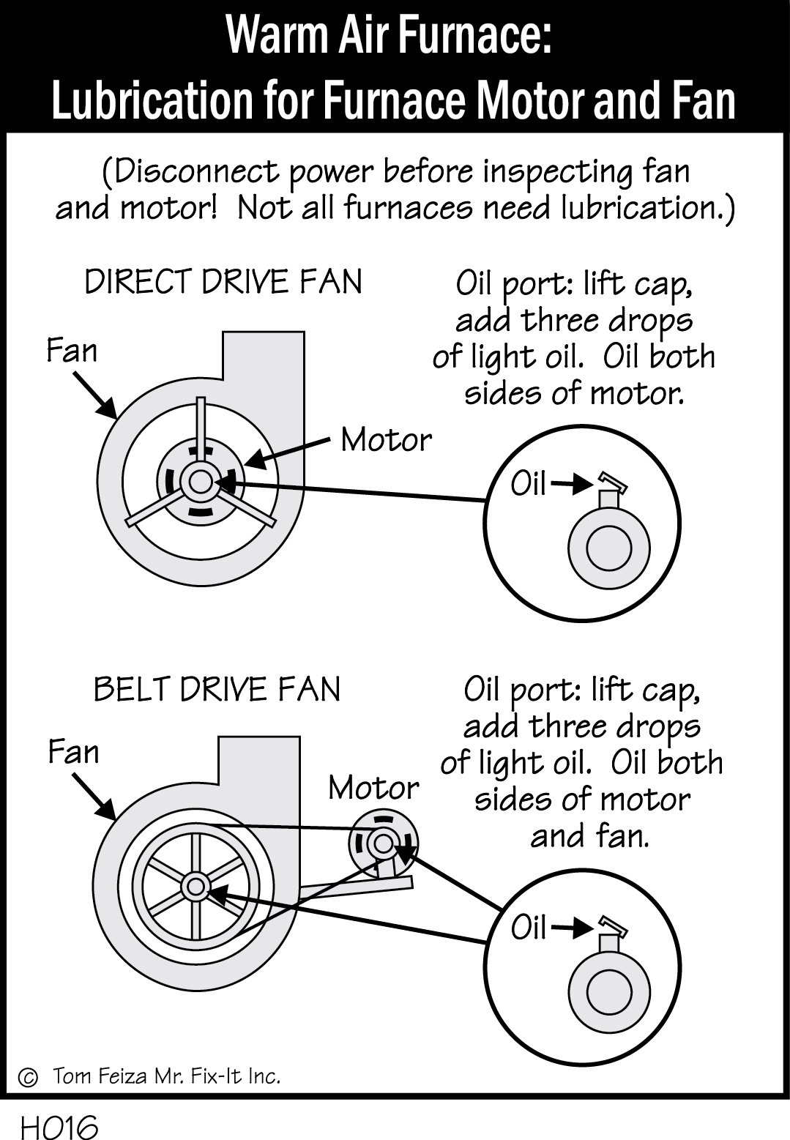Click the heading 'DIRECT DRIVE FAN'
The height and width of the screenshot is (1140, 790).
coord(223,282)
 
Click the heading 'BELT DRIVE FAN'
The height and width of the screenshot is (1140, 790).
coord(217,689)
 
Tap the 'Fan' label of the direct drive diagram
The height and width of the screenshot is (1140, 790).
coord(72,351)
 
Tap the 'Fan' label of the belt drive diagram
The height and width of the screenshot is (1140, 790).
coord(73,752)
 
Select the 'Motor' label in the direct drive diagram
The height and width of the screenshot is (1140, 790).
coord(387,440)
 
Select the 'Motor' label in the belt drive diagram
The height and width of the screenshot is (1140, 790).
coord(373,788)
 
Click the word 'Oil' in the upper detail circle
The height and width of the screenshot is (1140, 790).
coord(529,484)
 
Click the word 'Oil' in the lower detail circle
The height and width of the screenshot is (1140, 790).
coord(529,928)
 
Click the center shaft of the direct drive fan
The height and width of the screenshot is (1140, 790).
coord(199,482)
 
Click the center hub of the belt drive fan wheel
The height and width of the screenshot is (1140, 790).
coord(195,887)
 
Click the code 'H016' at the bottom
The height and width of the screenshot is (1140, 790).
coord(59,1127)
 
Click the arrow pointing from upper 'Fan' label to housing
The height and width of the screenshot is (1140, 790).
coord(96,394)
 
